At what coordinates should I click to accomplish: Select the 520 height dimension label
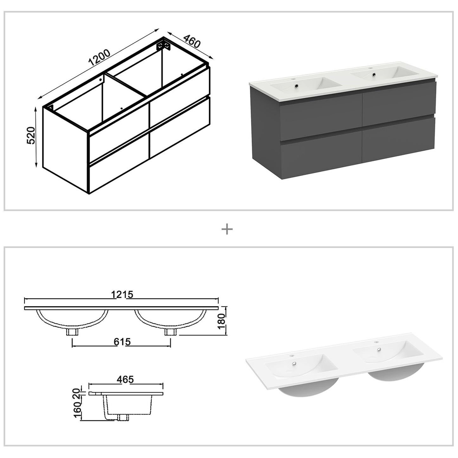tap(31, 136)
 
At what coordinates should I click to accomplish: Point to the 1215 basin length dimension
tap(122, 294)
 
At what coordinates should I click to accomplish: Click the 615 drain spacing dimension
tap(122, 342)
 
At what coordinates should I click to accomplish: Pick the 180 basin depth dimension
tap(222, 320)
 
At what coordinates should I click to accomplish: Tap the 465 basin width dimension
tap(125, 379)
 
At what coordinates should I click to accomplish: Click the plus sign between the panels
tap(227, 229)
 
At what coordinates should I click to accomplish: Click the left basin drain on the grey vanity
tap(296, 86)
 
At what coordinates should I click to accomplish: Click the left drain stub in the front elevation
tap(72, 332)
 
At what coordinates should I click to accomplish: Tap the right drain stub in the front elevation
tap(171, 332)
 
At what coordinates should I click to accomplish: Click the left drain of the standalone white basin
tap(294, 364)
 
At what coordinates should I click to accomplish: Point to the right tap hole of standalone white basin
tap(377, 342)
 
